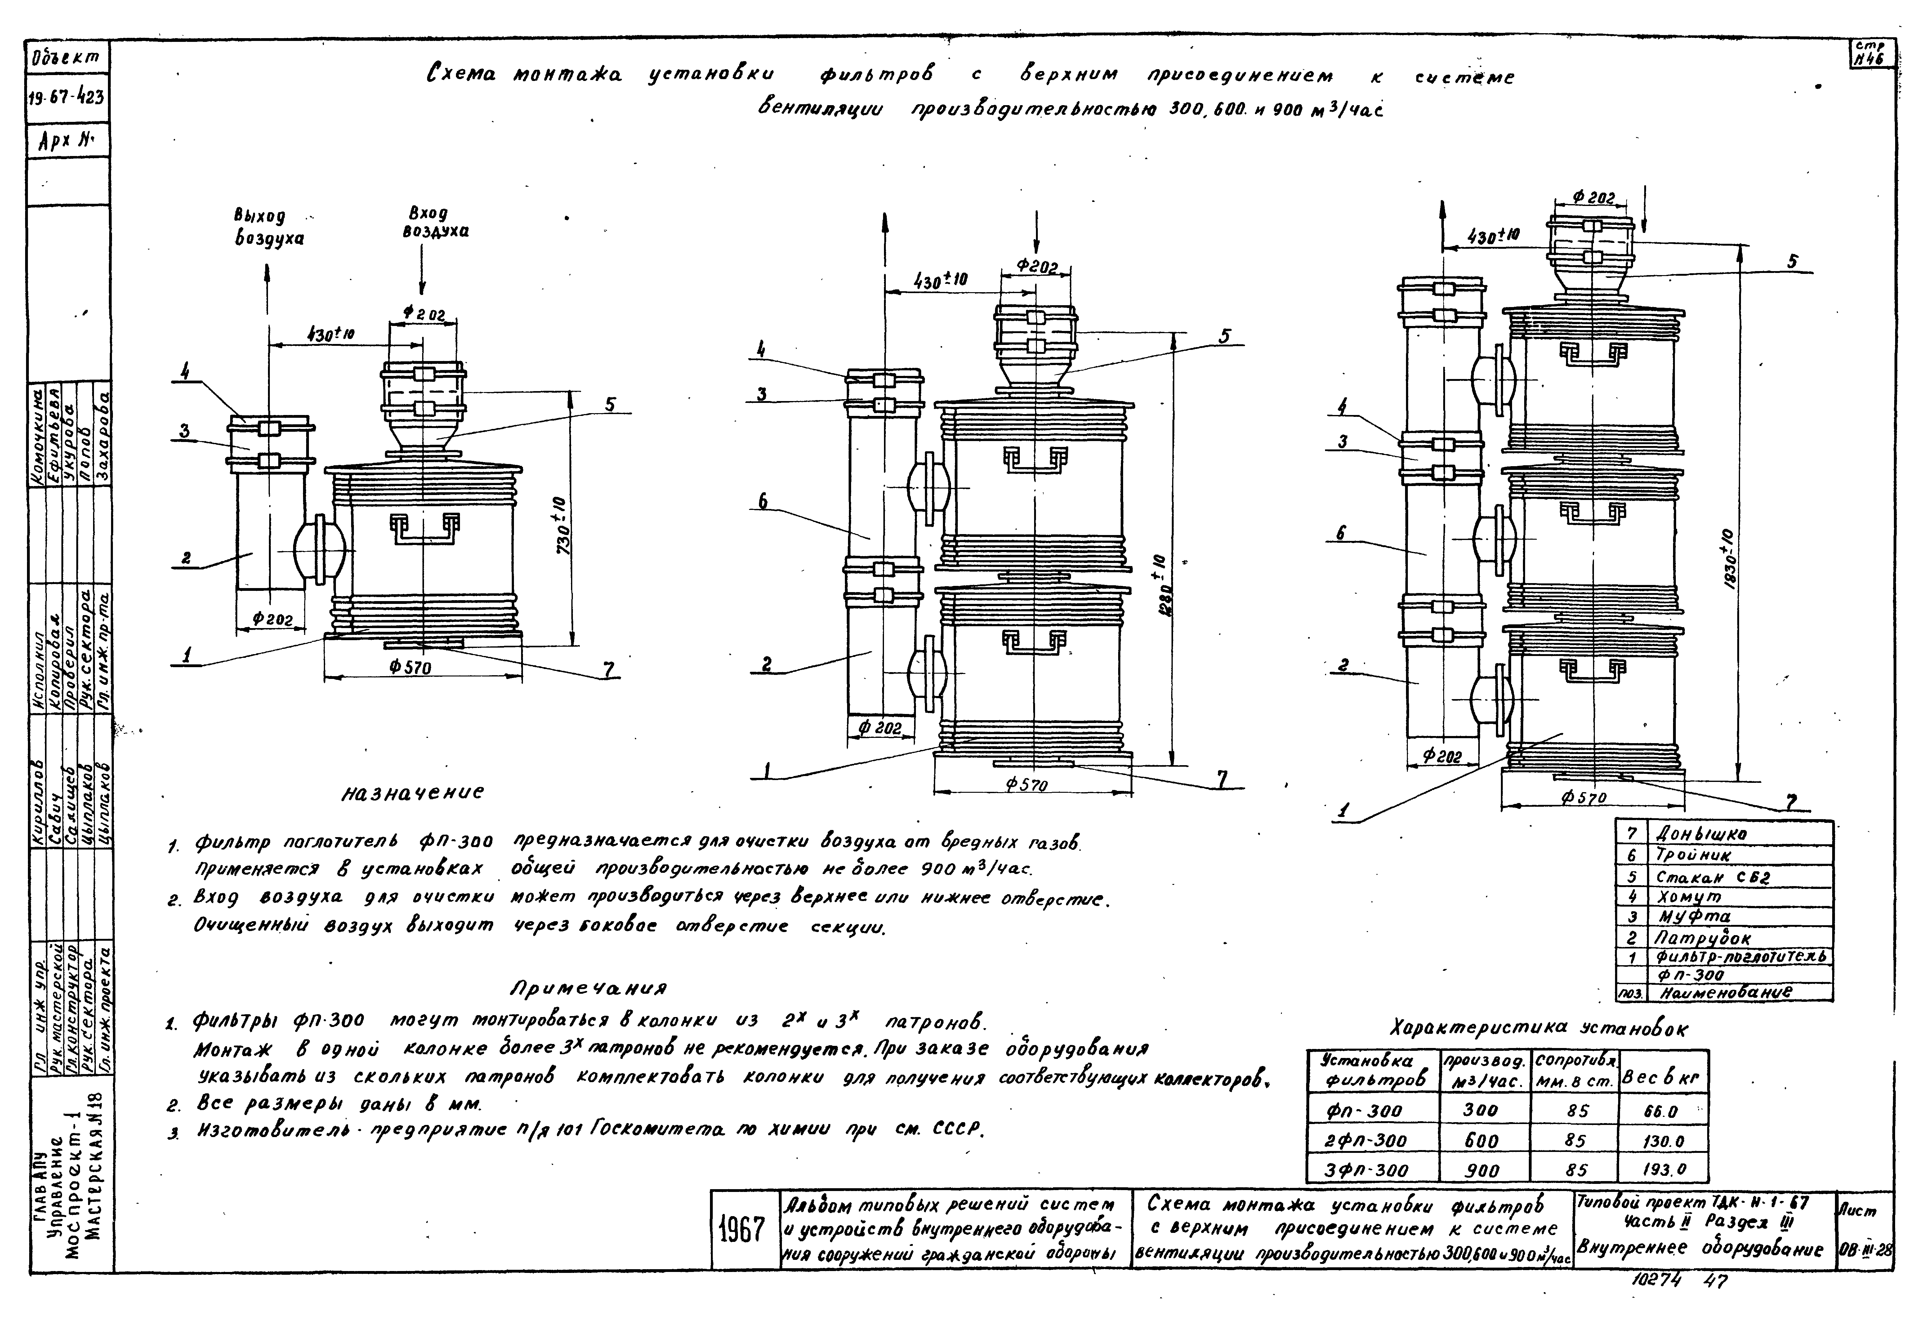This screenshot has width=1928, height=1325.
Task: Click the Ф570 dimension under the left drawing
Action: (410, 667)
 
